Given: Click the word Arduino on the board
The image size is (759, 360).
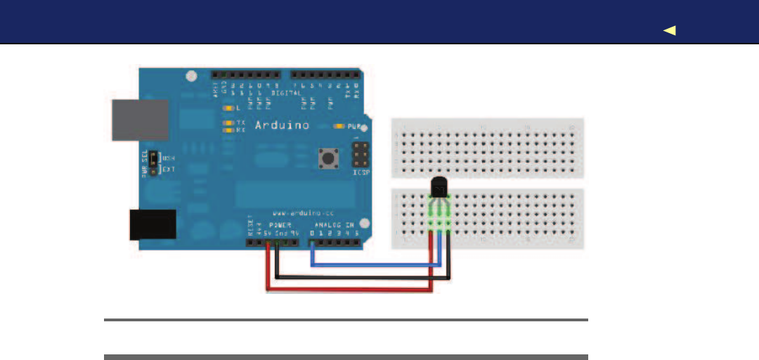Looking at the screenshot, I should point(280,126).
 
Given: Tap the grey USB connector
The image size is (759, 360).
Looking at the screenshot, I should point(141,120).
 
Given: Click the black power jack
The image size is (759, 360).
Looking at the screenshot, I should point(153,224).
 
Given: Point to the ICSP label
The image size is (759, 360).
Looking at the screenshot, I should point(360,172).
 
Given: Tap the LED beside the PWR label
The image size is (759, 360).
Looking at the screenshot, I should point(339,127).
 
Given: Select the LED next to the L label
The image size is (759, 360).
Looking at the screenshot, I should point(227,108).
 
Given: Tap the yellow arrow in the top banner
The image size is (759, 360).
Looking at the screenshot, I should point(670,30).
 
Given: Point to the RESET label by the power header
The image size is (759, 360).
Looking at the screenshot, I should point(250,226).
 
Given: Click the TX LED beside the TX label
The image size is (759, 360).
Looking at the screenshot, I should point(227,123).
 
